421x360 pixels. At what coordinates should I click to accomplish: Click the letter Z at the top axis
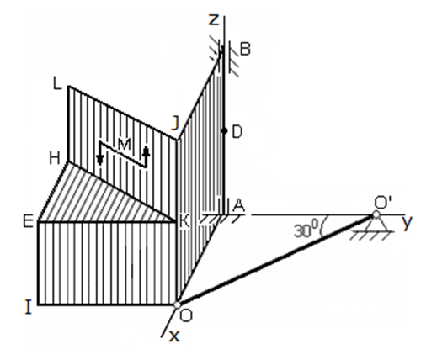pos(214,20)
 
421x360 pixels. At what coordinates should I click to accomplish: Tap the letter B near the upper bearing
pos(245,49)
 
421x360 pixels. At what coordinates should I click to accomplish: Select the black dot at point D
pos(224,130)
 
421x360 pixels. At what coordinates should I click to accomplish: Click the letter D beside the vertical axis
pos(237,132)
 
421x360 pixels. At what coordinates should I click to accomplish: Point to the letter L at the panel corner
pos(57,83)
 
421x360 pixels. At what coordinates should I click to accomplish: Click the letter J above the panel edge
pos(175,124)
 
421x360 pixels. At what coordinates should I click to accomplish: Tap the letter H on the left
pos(55,158)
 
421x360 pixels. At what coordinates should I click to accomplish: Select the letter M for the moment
pos(124,145)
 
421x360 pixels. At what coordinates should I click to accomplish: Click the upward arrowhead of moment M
pos(146,151)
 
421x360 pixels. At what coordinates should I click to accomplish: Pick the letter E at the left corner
pos(29,221)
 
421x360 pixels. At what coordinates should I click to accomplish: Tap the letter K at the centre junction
pos(184,221)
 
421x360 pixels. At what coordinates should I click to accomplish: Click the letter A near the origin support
pos(239,205)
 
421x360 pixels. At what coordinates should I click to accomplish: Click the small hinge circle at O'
pos(376,215)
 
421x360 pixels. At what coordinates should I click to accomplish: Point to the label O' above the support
pos(383,203)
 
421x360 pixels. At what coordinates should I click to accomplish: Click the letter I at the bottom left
pos(29,307)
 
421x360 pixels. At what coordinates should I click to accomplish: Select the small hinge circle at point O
pos(177,304)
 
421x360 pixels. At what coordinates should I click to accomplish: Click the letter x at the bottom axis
pos(174,336)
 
